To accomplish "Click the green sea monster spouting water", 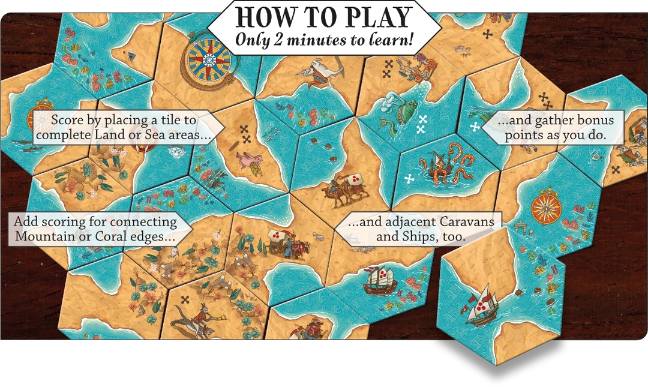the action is pyautogui.click(x=401, y=108).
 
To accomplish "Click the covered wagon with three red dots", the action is pyautogui.click(x=279, y=239).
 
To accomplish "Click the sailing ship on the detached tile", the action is pyautogui.click(x=479, y=307).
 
